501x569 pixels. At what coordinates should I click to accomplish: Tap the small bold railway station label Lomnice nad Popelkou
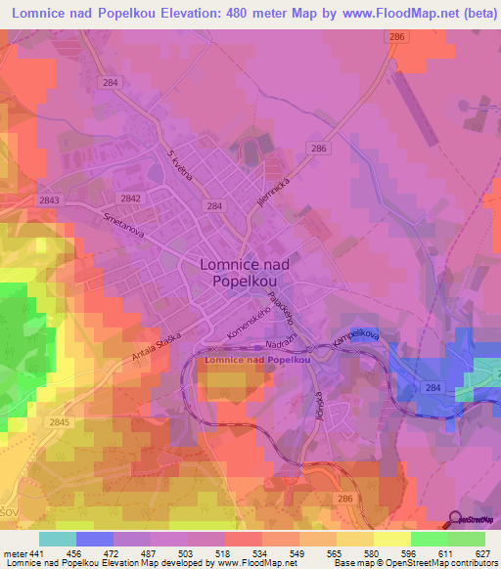coord(256,360)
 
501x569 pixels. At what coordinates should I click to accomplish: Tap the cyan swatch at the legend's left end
coord(58,539)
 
